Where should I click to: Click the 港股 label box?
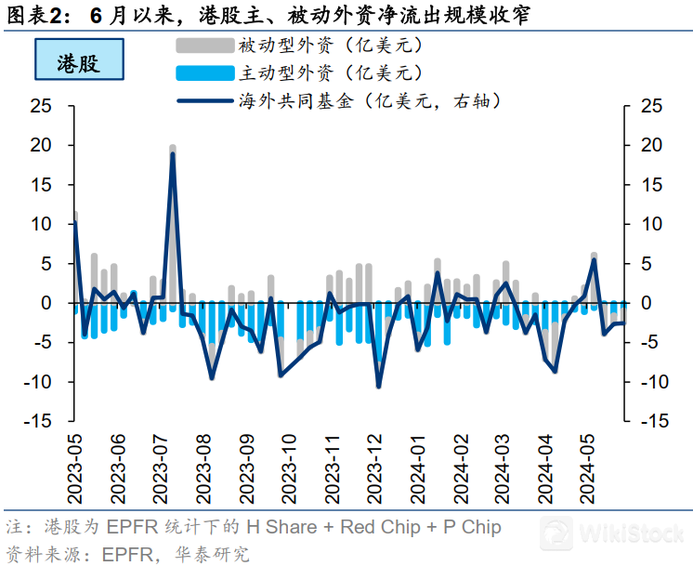click(78, 62)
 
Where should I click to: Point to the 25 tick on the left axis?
click(40, 107)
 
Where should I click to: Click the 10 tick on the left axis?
click(40, 225)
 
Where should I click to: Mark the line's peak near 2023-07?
click(173, 154)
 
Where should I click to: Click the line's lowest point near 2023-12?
click(378, 386)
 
